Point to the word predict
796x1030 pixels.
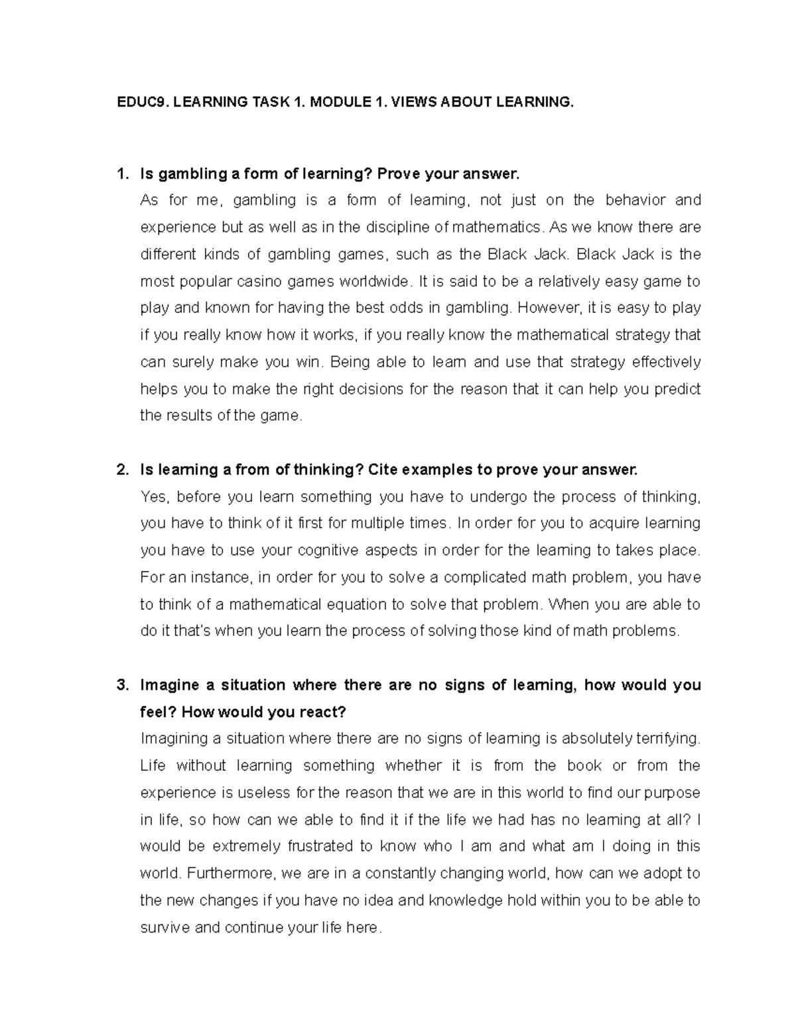click(x=677, y=389)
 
